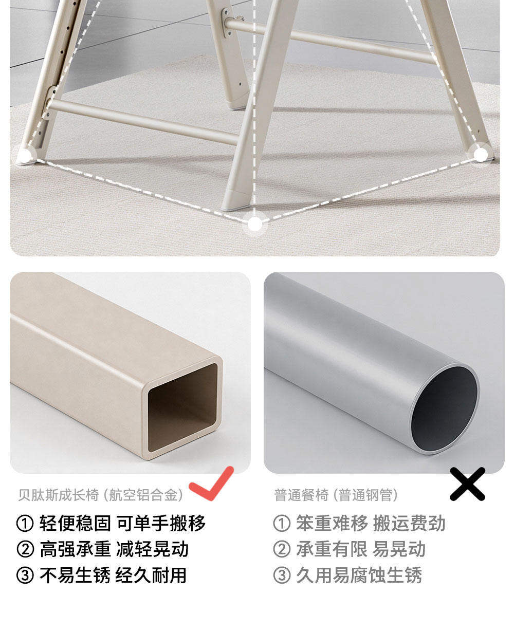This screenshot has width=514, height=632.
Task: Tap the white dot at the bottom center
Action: click(254, 224)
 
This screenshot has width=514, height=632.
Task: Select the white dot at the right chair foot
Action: click(481, 155)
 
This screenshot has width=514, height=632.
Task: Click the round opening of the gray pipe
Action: click(444, 409)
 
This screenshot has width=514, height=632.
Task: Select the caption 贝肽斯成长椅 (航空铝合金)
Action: click(100, 495)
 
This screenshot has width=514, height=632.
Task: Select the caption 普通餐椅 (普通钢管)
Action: click(336, 495)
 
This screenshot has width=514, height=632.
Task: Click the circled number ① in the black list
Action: click(25, 523)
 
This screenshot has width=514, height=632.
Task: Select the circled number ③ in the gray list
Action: click(282, 575)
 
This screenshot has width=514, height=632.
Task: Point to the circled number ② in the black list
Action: click(25, 549)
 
